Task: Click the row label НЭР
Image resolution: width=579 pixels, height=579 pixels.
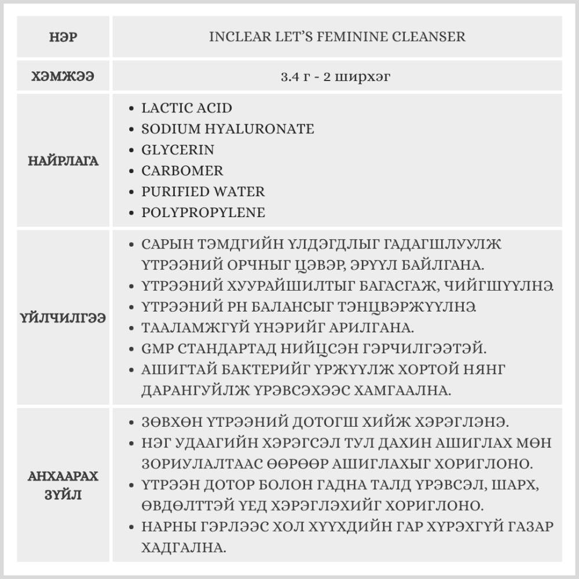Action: (64, 37)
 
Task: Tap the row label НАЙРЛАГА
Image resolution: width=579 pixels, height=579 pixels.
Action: (64, 161)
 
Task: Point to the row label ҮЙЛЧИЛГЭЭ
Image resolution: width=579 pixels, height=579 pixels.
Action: (64, 318)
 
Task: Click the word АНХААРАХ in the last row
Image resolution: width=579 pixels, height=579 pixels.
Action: (64, 477)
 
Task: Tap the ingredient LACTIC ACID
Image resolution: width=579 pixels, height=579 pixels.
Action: (186, 108)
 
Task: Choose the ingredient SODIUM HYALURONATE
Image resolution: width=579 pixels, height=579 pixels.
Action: (228, 129)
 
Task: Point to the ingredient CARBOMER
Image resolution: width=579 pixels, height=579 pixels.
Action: (182, 171)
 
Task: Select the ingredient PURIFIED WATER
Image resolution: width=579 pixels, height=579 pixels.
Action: (203, 192)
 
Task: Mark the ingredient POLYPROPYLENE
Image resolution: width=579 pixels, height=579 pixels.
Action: (203, 212)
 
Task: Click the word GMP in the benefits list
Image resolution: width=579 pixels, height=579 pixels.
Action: (154, 348)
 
